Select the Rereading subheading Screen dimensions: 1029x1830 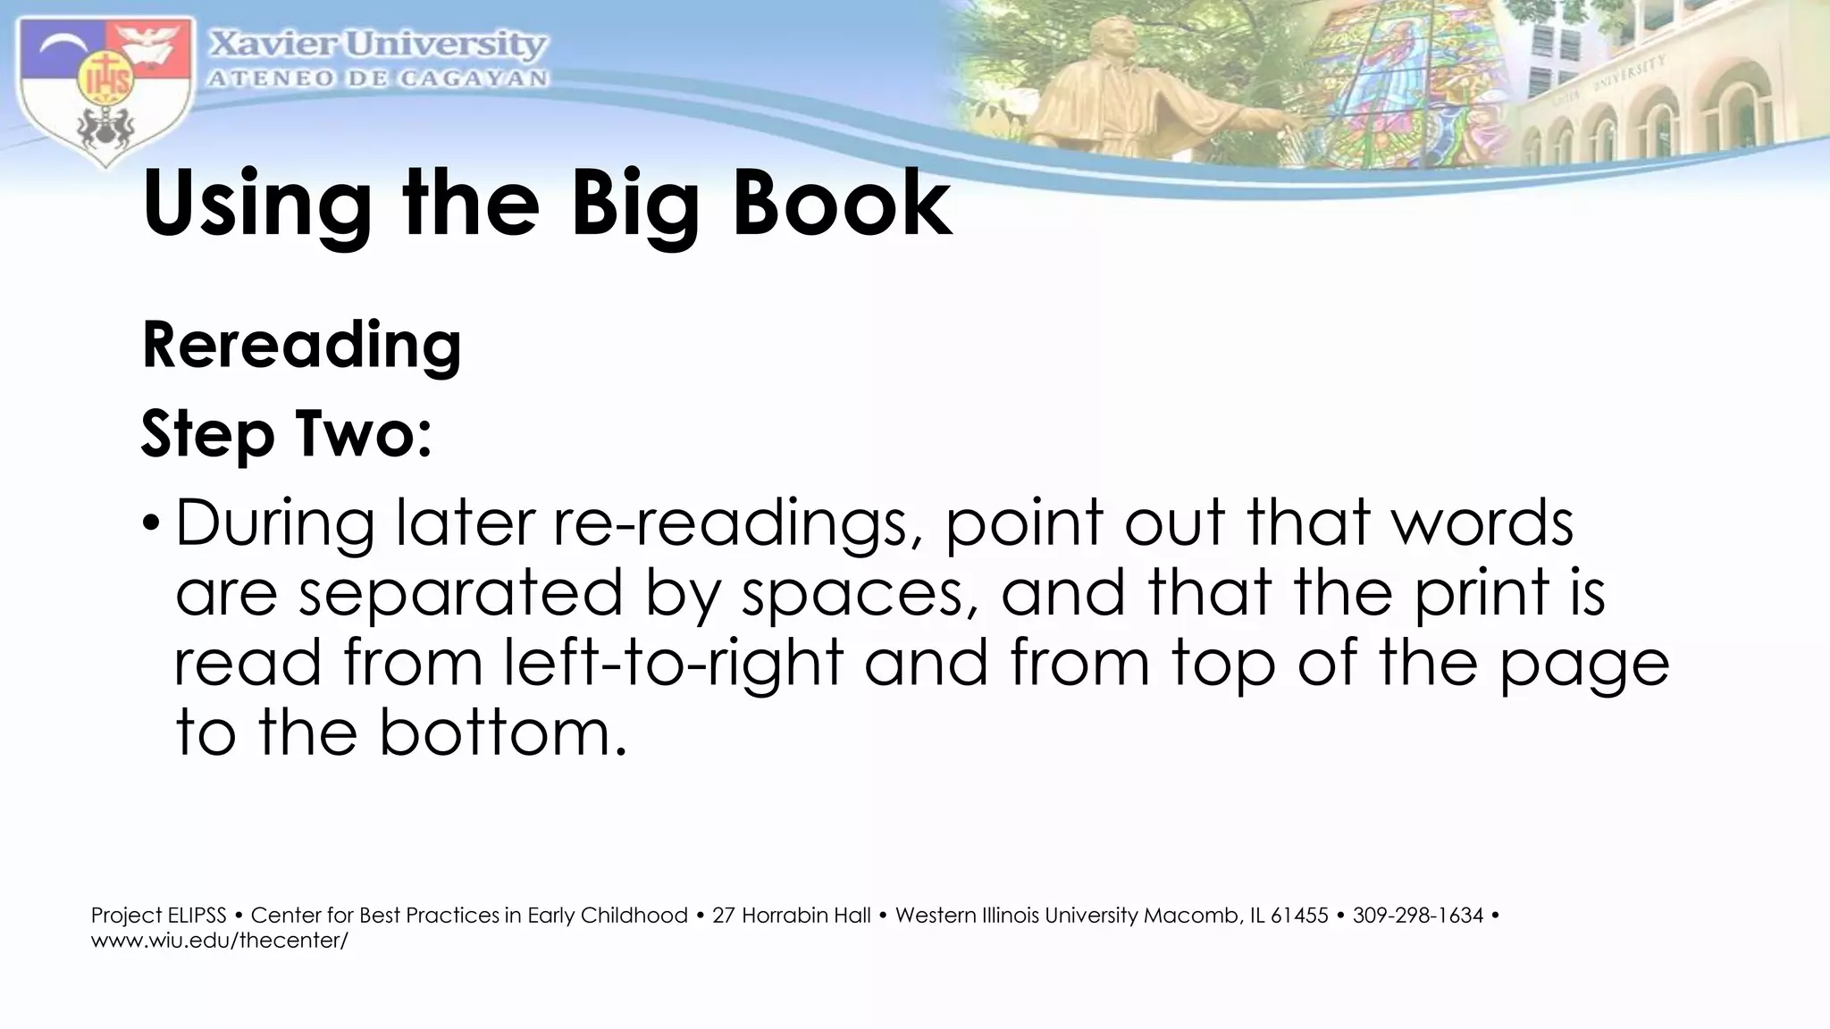[x=301, y=346]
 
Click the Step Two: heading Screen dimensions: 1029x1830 [x=286, y=435]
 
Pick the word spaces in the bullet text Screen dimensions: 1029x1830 [x=858, y=594]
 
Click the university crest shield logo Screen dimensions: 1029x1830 [x=105, y=89]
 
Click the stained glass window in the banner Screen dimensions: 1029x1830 [x=1403, y=80]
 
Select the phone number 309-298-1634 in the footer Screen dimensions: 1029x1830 [x=1417, y=916]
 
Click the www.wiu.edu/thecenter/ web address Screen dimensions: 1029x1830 [x=219, y=940]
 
